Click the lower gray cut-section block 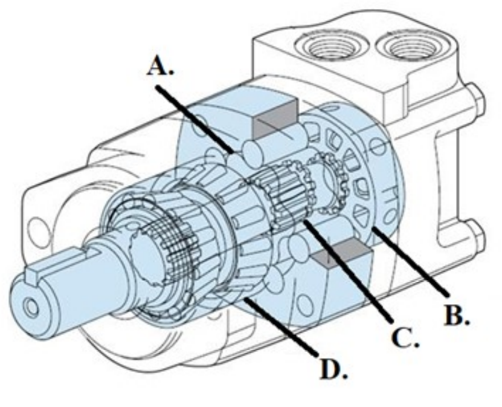(336, 252)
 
